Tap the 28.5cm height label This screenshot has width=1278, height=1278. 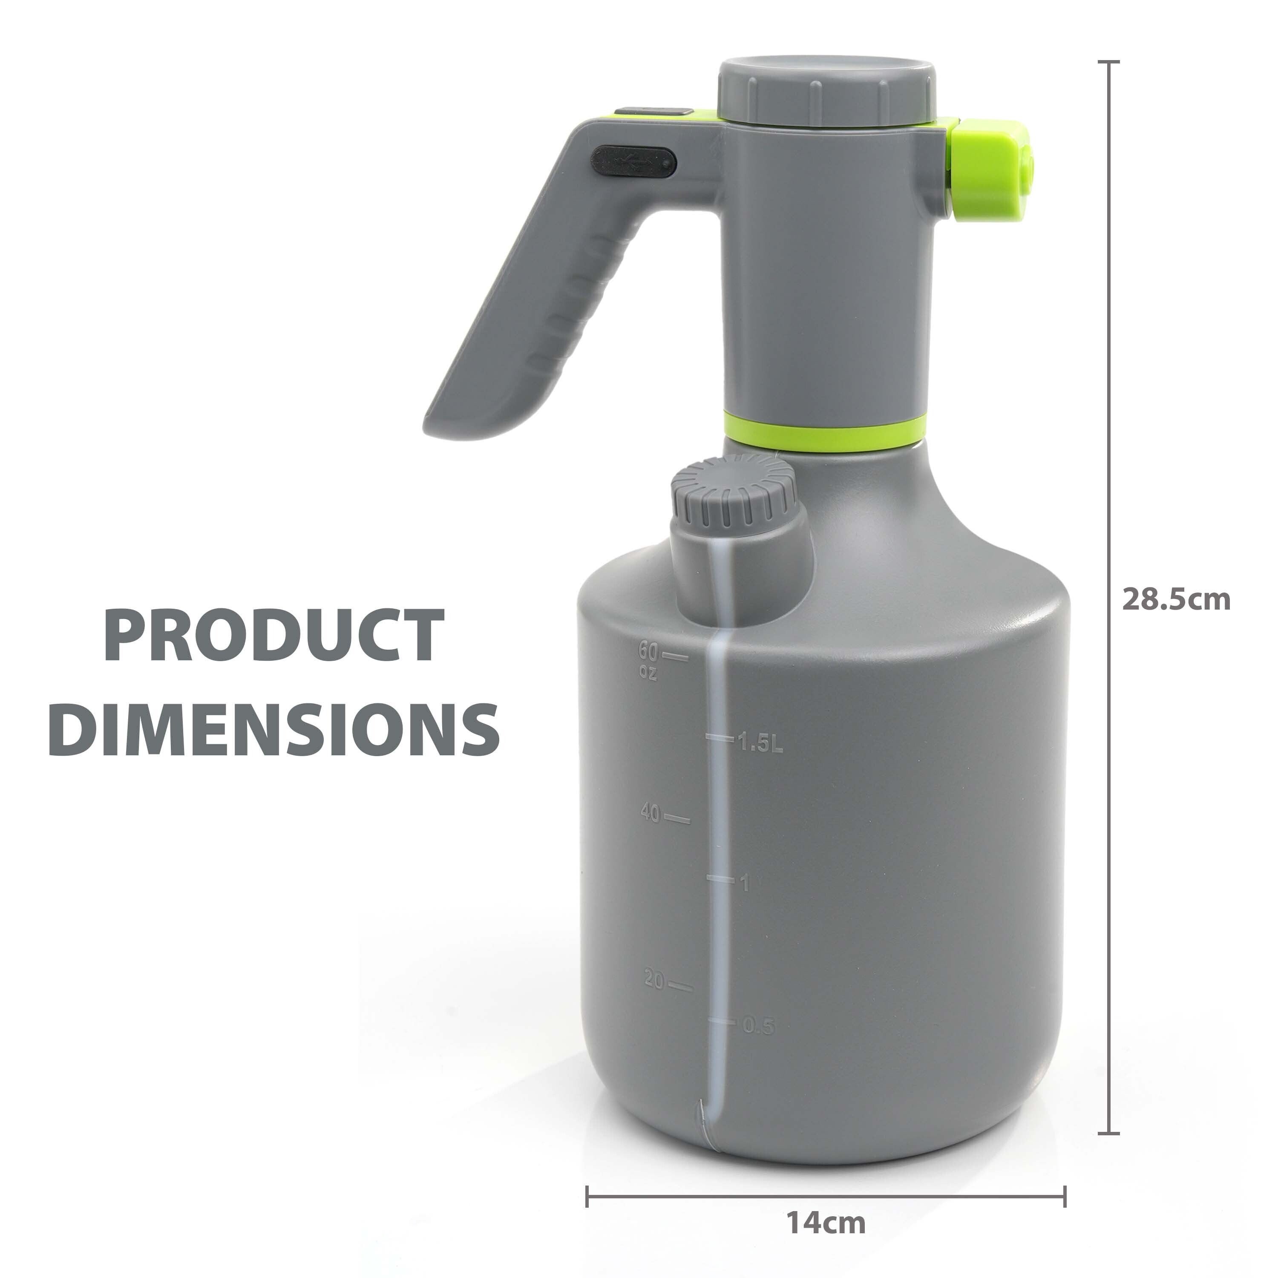pos(1175,600)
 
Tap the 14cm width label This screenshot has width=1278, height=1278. pos(826,1204)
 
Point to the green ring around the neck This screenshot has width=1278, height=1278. pos(823,431)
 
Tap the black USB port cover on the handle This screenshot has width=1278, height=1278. pos(634,161)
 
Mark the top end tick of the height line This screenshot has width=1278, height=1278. pos(1108,61)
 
